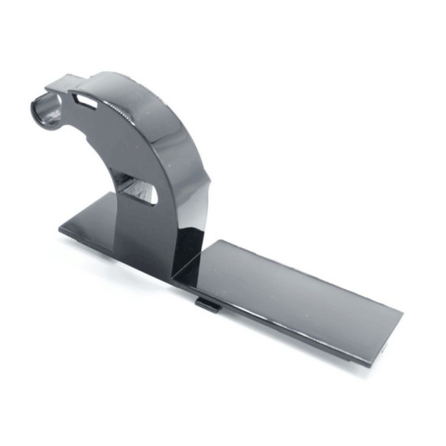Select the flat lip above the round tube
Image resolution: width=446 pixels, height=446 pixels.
(65, 84)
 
